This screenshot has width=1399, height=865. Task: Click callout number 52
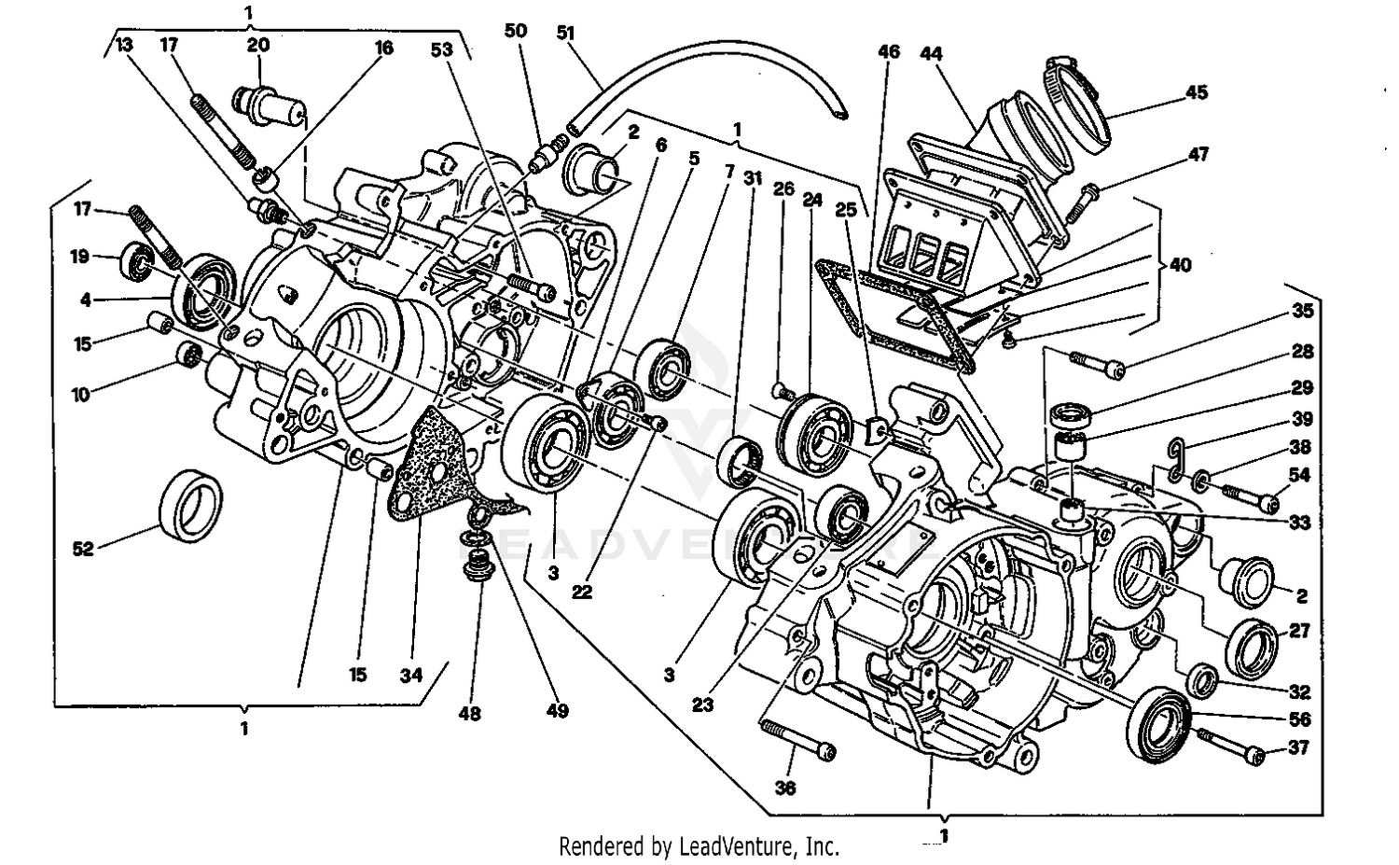click(x=83, y=549)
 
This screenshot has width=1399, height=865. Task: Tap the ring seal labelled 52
click(x=191, y=507)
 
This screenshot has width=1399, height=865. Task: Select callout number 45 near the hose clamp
click(x=1197, y=91)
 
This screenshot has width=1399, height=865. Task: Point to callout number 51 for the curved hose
click(x=566, y=33)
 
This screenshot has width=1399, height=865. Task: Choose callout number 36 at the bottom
click(x=785, y=788)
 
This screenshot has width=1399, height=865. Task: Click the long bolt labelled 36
click(x=798, y=738)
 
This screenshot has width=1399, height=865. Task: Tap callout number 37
click(x=1298, y=747)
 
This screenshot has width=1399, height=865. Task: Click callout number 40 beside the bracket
click(x=1180, y=264)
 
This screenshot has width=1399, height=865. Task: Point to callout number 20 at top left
click(x=258, y=44)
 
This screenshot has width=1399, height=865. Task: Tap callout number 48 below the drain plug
click(x=470, y=713)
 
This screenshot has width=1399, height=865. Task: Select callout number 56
click(x=1298, y=719)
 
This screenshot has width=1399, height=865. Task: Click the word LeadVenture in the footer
click(x=740, y=846)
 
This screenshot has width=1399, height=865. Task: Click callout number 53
click(x=441, y=49)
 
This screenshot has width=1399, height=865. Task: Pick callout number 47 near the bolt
click(x=1198, y=154)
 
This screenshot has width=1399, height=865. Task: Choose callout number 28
click(x=1302, y=351)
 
